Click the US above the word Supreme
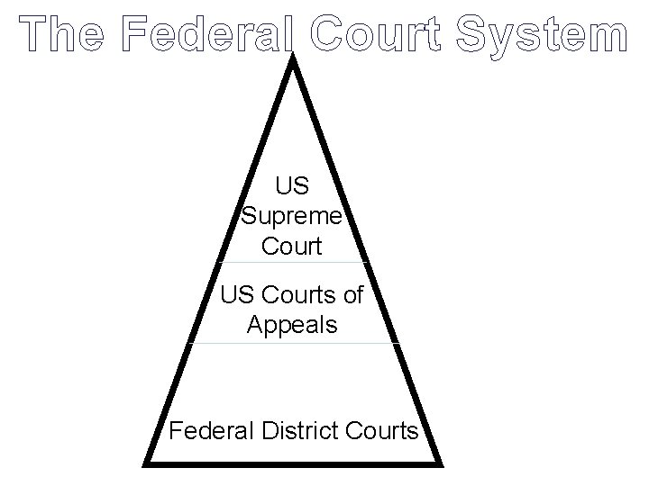click(x=292, y=186)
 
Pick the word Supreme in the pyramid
click(x=292, y=216)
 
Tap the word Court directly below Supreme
click(x=292, y=246)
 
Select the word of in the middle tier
click(x=353, y=294)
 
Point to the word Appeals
click(x=292, y=324)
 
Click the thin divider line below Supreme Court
click(x=293, y=263)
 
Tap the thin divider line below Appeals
click(x=293, y=343)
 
